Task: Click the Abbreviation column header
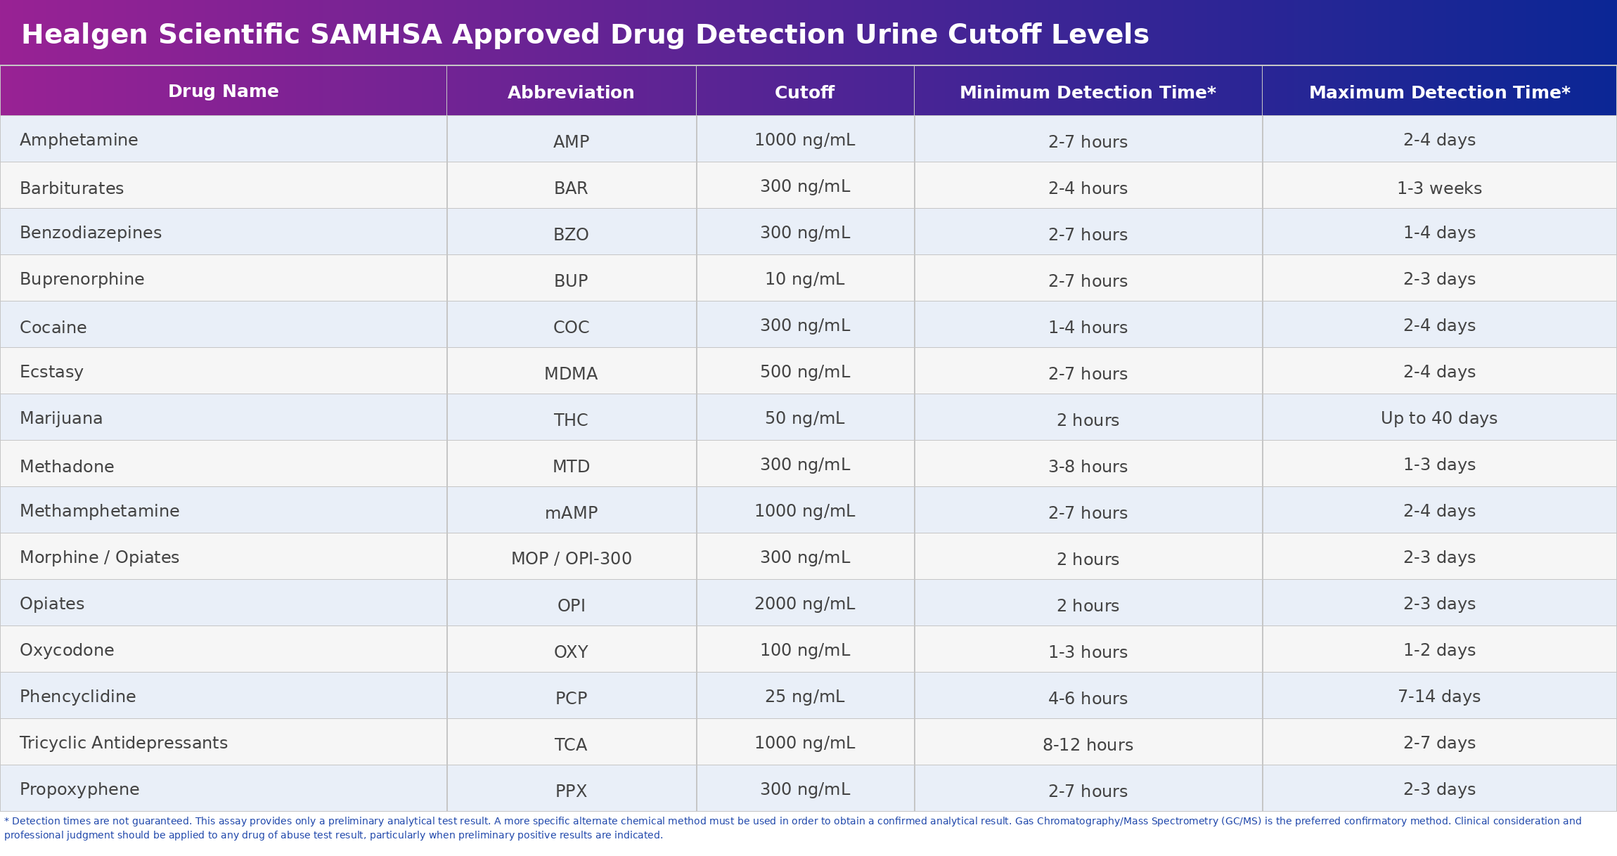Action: pos(571,93)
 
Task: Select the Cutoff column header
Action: pos(804,93)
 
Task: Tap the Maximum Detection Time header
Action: pos(1439,93)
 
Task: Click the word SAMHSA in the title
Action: pos(375,34)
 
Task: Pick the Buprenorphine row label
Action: pos(82,279)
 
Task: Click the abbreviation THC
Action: pos(571,420)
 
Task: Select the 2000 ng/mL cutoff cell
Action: pos(804,604)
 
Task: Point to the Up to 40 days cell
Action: pos(1439,418)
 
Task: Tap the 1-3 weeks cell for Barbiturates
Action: pos(1439,188)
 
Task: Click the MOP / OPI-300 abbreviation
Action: pos(571,559)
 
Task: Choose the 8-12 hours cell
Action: pos(1088,745)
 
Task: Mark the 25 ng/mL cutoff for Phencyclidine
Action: pos(804,696)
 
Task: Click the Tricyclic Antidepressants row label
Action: pos(124,743)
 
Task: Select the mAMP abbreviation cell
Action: pos(571,513)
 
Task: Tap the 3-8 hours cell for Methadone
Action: pos(1088,467)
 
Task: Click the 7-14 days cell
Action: pos(1439,696)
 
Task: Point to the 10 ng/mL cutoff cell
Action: pos(804,279)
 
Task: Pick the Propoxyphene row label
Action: pos(79,789)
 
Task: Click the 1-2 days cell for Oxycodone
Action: pos(1439,650)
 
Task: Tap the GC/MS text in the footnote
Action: pos(1242,821)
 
